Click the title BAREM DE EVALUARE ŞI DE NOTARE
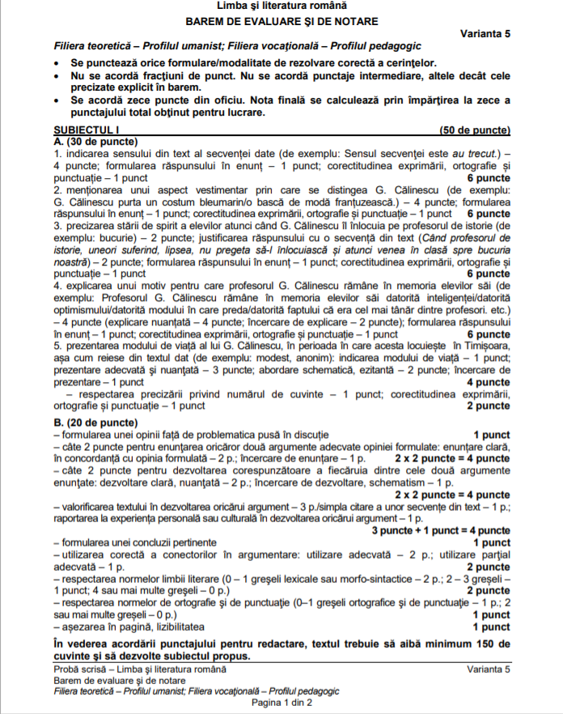point(281,20)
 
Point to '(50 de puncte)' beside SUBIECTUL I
point(475,130)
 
